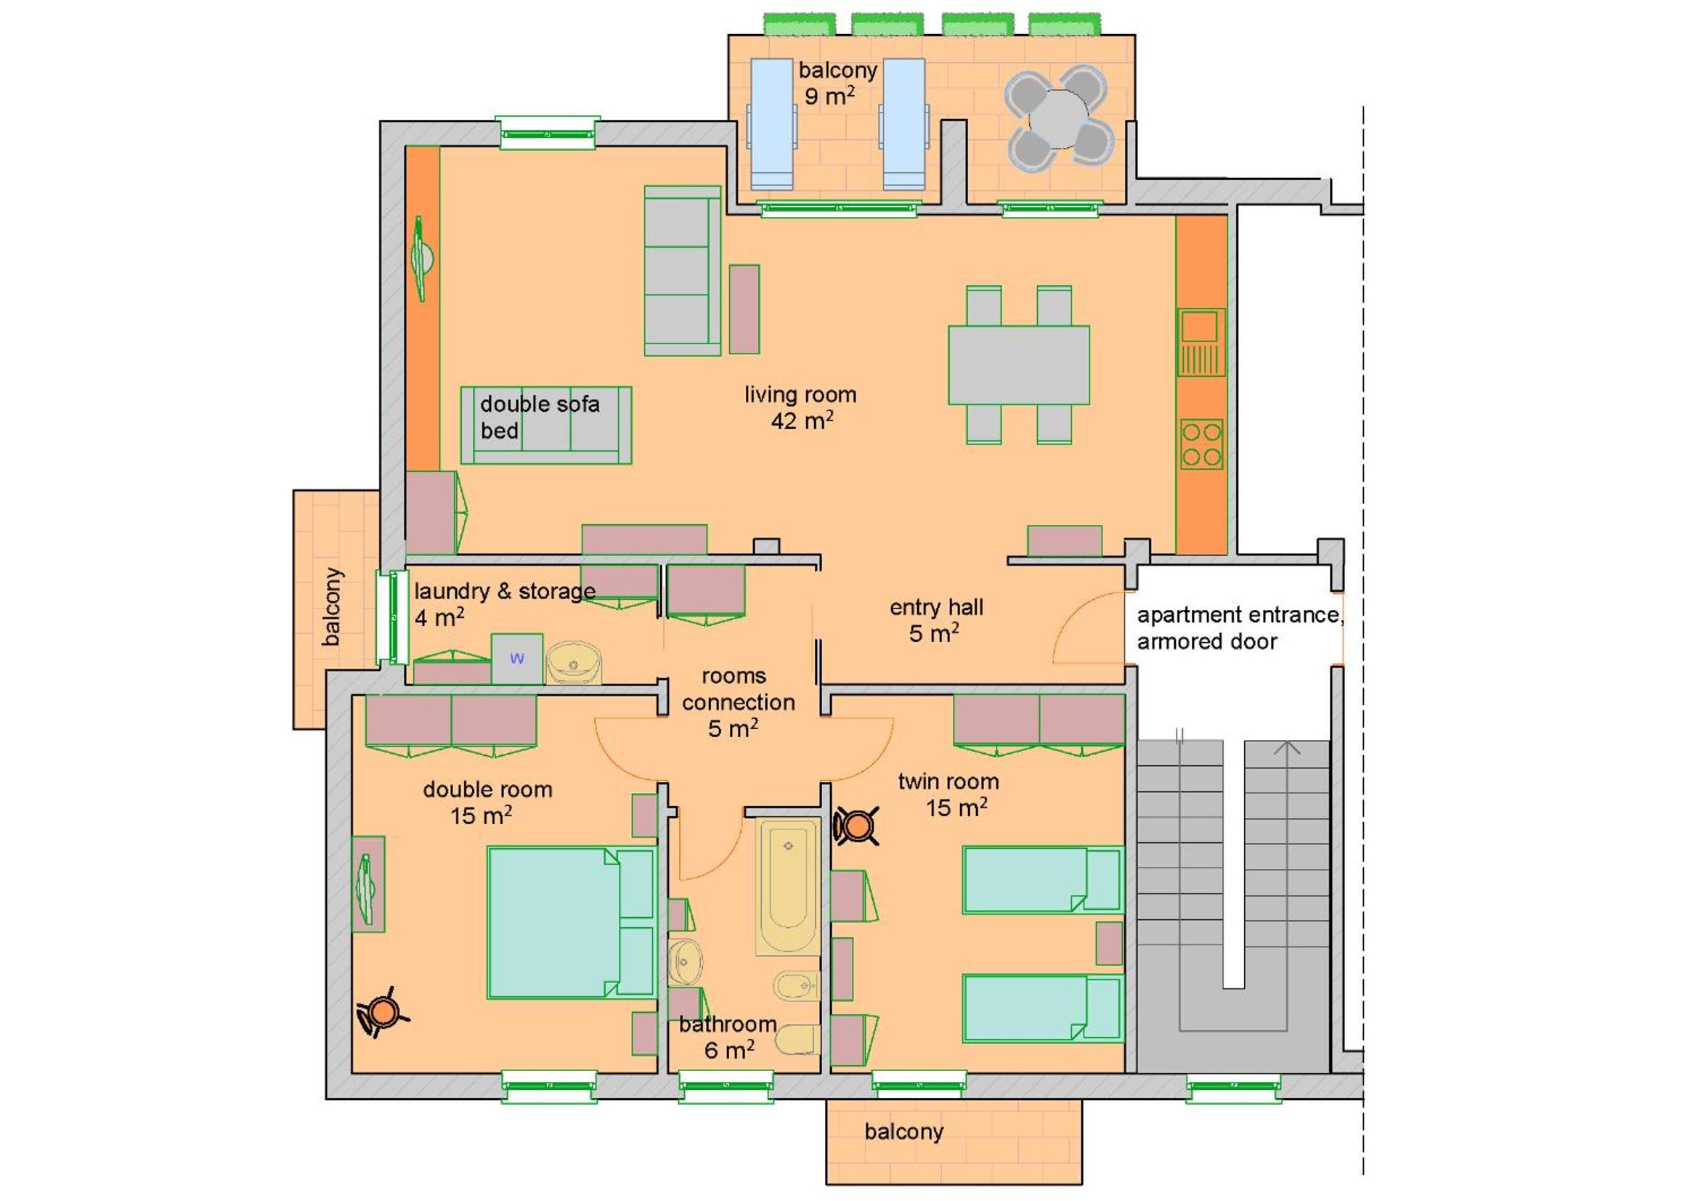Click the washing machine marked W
tap(517, 659)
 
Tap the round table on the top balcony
tap(1059, 118)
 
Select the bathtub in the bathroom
tap(787, 886)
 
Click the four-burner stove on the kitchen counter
tap(1201, 444)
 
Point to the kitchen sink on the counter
tap(1201, 343)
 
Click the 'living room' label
tap(800, 395)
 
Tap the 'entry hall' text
tap(936, 607)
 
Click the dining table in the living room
tap(1019, 365)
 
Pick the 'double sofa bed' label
tap(539, 417)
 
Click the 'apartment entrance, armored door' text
tap(1240, 628)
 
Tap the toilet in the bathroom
tap(797, 1039)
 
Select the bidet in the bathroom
tap(796, 985)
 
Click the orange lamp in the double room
tap(383, 1011)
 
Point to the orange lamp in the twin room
tap(856, 826)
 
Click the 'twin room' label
tap(948, 782)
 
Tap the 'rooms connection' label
tap(738, 689)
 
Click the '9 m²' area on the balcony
tap(830, 96)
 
